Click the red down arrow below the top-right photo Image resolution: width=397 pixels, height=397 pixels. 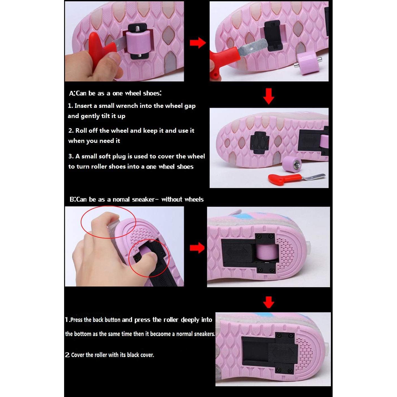[269, 96]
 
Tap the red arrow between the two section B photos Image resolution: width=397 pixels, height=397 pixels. [197, 248]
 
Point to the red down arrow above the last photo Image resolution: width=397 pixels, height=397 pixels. [269, 302]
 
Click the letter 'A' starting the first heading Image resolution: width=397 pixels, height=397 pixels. [72, 93]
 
